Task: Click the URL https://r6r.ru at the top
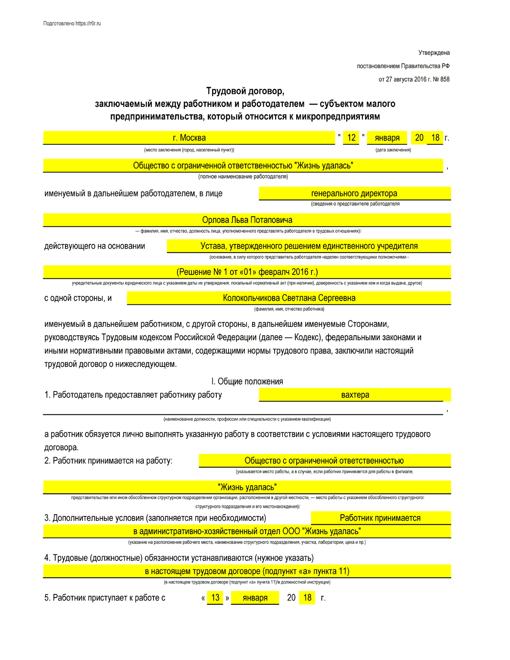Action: tap(88, 24)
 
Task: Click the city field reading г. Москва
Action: tap(189, 138)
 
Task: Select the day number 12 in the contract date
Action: tap(351, 138)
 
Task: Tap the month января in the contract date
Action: tap(387, 138)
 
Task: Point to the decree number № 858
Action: tap(441, 79)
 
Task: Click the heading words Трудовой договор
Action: tap(245, 91)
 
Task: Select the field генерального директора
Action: tap(354, 193)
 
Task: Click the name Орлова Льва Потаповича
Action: tap(247, 220)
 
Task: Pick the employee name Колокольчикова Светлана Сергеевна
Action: tap(289, 298)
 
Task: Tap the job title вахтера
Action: tap(355, 395)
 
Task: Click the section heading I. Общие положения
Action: tap(247, 381)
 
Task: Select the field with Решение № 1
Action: tap(247, 272)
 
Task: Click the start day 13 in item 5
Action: tap(215, 598)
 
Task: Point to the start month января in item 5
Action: tap(255, 598)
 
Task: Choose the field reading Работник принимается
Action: tap(380, 518)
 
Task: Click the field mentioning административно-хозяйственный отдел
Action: tap(247, 531)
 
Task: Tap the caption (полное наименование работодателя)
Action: tap(243, 176)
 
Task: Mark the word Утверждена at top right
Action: tap(434, 53)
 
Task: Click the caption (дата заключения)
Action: tap(393, 150)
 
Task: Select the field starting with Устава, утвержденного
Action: tap(309, 246)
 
